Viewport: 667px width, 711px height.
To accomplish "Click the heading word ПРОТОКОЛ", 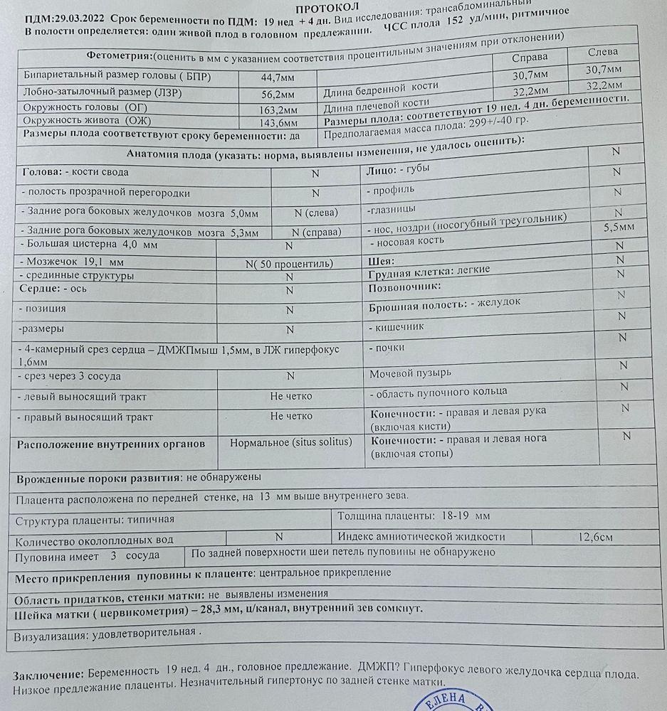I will pyautogui.click(x=335, y=6).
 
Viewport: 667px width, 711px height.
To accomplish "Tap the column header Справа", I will pyautogui.click(x=530, y=56).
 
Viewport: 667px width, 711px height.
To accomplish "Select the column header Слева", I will pyautogui.click(x=603, y=52).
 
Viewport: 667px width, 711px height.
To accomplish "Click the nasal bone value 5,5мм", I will pyautogui.click(x=619, y=228).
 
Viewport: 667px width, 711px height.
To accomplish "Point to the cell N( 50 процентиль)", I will pyautogui.click(x=289, y=263).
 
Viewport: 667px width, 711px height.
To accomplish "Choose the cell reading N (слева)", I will pyautogui.click(x=315, y=213).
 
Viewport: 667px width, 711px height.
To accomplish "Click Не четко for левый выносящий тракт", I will pyautogui.click(x=290, y=396).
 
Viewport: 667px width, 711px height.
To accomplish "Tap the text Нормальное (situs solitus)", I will pyautogui.click(x=290, y=442).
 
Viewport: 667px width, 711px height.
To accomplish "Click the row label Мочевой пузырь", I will pyautogui.click(x=409, y=373).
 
